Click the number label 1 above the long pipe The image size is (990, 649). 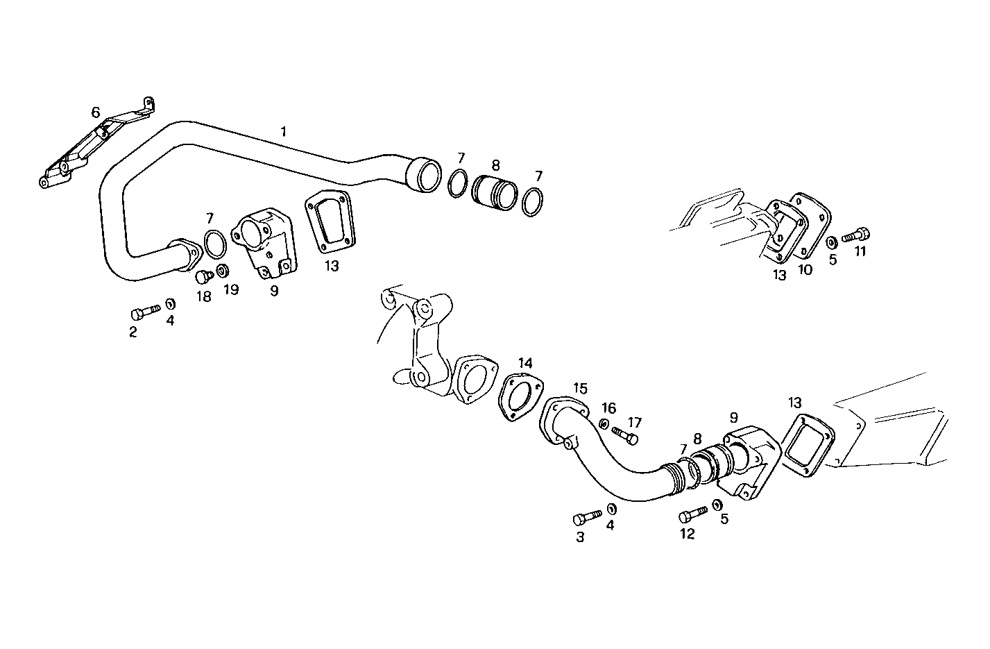(x=283, y=130)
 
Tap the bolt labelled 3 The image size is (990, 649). (x=586, y=517)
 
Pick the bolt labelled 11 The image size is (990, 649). (x=855, y=236)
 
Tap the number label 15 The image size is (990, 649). (x=580, y=387)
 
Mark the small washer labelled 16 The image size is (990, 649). (x=605, y=423)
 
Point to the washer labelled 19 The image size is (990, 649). (x=223, y=269)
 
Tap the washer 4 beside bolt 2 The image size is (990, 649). (x=170, y=304)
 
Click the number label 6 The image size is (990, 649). (x=96, y=112)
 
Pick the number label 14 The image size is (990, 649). (x=525, y=363)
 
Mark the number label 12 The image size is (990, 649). (x=687, y=534)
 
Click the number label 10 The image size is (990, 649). (x=805, y=270)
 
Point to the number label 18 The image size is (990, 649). (x=203, y=296)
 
